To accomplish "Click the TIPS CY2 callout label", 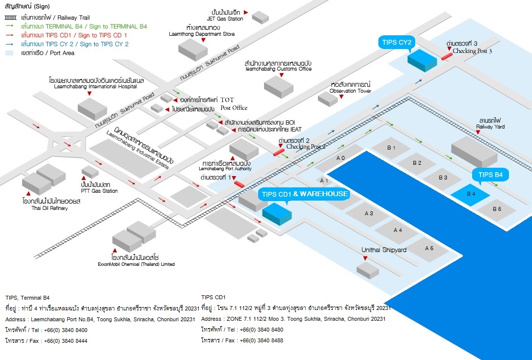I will click(x=398, y=42).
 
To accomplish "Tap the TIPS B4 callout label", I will click(x=491, y=175).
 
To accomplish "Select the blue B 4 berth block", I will click(x=470, y=194).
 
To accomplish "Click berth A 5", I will click(x=429, y=249).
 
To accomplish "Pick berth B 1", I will click(x=391, y=148).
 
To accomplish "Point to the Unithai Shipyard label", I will click(x=384, y=250).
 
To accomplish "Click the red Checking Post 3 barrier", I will click(x=447, y=56).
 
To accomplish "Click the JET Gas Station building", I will click(x=260, y=17).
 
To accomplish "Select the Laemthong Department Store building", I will click(x=193, y=50).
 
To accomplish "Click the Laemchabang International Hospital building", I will click(x=92, y=108).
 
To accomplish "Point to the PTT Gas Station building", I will click(x=90, y=172).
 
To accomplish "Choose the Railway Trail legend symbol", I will click(x=10, y=18).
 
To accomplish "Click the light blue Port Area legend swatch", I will click(x=10, y=53).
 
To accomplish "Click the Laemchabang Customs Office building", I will click(x=278, y=86).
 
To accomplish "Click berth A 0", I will click(x=341, y=158).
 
